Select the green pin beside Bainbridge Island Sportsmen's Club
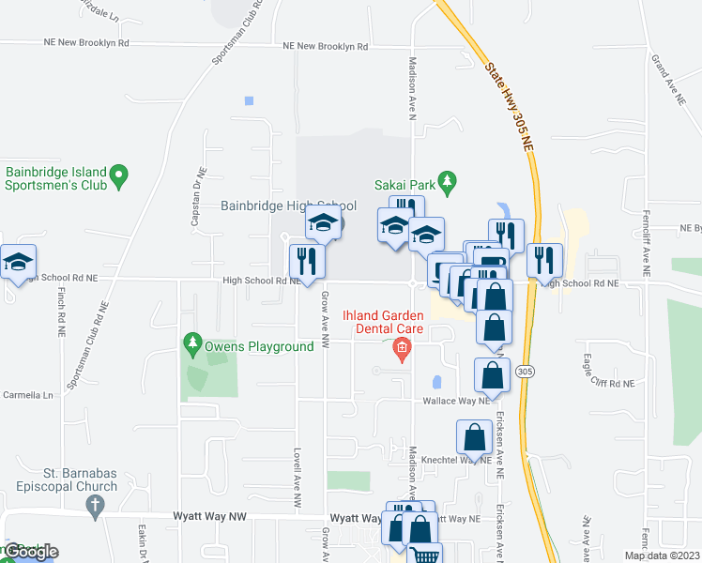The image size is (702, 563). pos(118,175)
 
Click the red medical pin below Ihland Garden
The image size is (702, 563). pos(402,351)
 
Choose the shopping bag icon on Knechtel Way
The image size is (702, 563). pos(475,437)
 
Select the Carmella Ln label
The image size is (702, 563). pos(28,395)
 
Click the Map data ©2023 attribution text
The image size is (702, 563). pos(662,555)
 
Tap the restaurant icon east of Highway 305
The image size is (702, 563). pos(544,259)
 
